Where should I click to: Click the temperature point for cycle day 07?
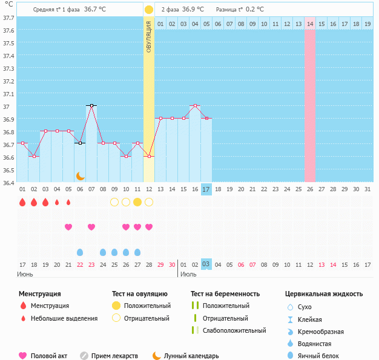point(91,105)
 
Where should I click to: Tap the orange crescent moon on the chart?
point(80,175)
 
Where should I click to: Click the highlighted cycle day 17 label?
point(206,189)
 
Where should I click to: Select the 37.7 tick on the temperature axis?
point(8,18)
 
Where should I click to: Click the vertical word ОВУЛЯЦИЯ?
point(149,36)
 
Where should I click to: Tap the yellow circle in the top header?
point(149,10)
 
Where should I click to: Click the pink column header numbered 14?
point(310,24)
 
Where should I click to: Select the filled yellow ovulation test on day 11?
point(137,202)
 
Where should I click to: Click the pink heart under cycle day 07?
point(91,227)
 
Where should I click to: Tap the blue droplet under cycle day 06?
point(80,252)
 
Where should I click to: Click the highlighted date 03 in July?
point(206,264)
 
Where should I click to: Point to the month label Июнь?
point(25,274)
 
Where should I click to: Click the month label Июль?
point(188,274)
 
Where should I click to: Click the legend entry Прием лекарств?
point(114,356)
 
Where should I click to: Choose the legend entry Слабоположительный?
point(234,330)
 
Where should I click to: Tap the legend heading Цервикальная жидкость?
point(324,293)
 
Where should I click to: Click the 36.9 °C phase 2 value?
point(192,10)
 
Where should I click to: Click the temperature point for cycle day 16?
point(195,105)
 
